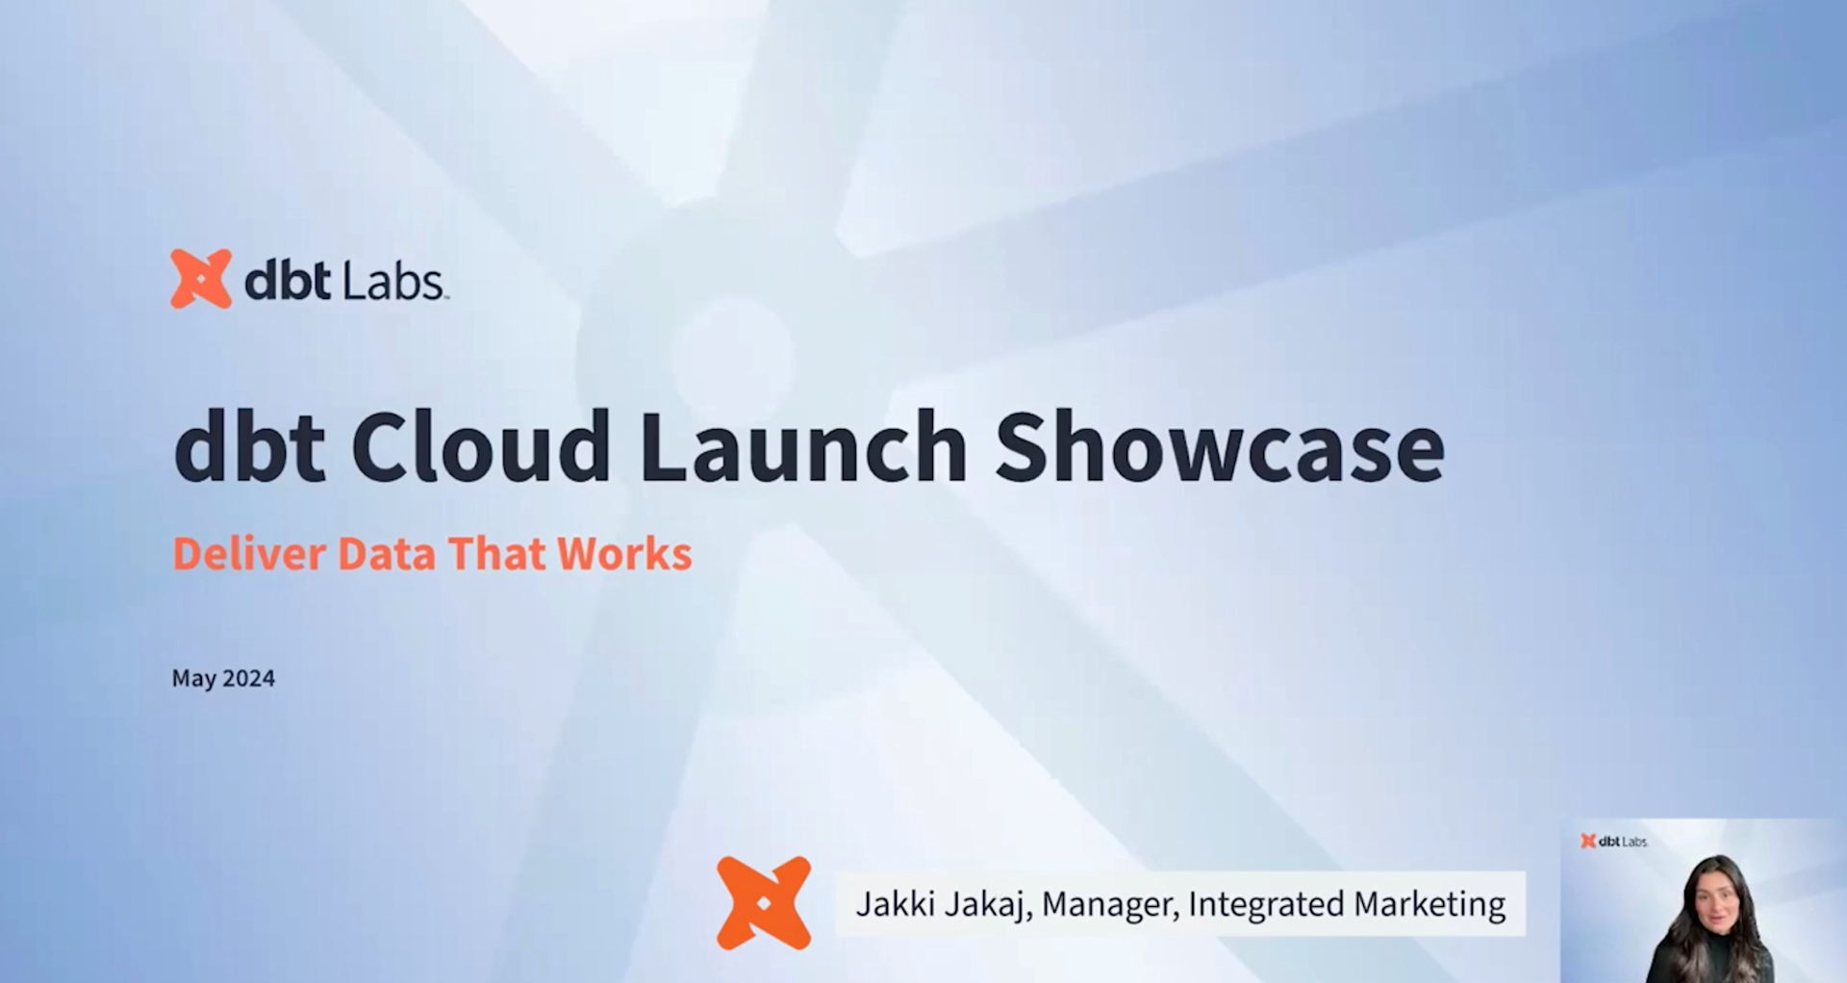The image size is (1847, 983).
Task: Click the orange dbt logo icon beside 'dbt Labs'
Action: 201,279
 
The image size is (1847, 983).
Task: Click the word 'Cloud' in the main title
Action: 480,446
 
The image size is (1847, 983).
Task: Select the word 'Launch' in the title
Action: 803,446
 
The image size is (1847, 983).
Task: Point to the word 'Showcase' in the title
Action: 1219,446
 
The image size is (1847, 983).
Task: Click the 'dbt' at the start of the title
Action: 248,446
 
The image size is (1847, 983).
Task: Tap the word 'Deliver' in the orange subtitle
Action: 248,554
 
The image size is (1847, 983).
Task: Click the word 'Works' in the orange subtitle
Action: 624,554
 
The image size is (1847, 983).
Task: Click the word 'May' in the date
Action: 193,679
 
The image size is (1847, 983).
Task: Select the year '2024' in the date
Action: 248,678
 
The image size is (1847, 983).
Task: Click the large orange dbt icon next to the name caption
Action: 764,903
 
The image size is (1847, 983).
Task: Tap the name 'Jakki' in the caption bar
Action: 890,904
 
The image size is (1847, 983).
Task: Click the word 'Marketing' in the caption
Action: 1430,904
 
